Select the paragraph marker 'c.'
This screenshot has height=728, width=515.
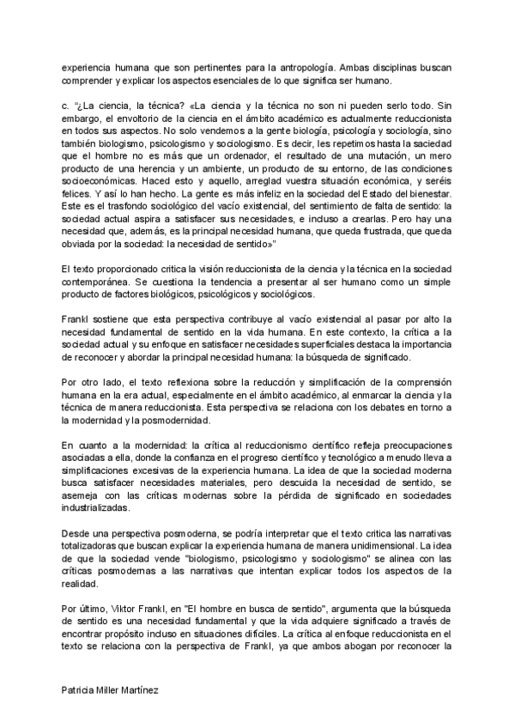click(65, 104)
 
